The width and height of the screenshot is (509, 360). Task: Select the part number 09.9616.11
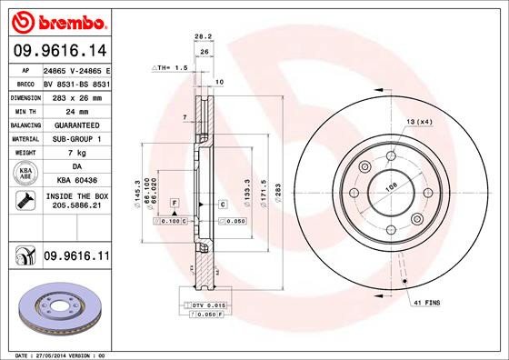tap(75, 258)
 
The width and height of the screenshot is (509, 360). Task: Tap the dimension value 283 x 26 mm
tap(76, 96)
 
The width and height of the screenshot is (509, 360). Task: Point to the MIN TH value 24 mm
tap(76, 111)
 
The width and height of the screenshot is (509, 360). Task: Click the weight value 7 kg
tap(76, 154)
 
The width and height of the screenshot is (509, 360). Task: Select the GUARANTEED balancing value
tap(76, 125)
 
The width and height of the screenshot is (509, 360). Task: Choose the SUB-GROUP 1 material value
tap(76, 139)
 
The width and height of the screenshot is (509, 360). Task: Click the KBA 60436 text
tap(76, 182)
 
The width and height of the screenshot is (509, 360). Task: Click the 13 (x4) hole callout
tap(420, 121)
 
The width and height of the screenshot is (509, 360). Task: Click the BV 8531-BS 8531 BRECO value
tap(76, 82)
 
